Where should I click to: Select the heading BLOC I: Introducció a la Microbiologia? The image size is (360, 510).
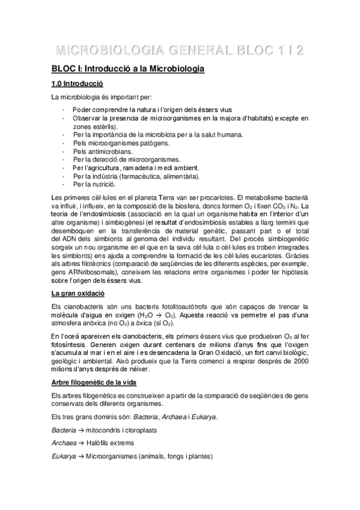coord(127,70)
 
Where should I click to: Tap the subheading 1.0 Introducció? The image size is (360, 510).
coord(78,85)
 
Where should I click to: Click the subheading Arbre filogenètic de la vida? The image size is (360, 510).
coord(94,382)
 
